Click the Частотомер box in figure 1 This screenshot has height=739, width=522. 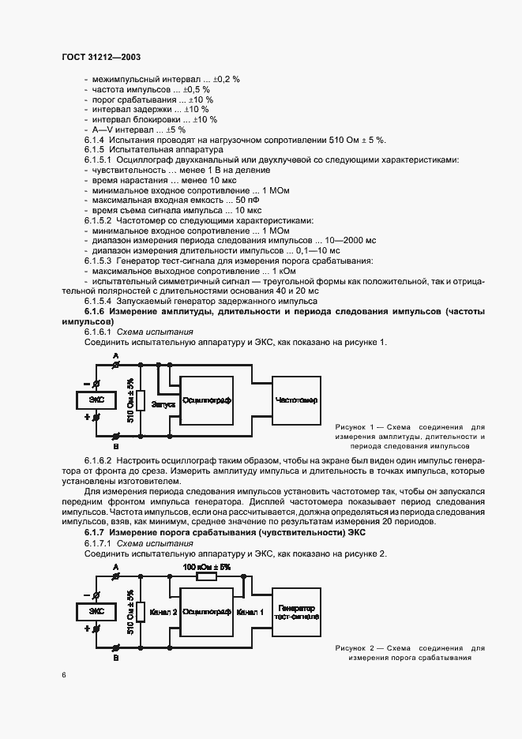point(296,400)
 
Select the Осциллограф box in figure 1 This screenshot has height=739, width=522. point(206,400)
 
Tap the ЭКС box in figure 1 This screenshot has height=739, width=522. point(96,400)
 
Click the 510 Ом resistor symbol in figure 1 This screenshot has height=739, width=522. point(139,400)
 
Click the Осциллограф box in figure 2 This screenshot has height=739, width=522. point(206,612)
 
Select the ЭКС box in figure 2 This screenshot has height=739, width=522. point(96,611)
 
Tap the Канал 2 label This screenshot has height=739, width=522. point(163,612)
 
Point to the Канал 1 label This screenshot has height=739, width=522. point(250,612)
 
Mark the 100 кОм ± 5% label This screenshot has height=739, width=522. point(206,567)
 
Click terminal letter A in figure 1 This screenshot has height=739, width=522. point(115,357)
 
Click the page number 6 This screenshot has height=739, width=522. point(63,674)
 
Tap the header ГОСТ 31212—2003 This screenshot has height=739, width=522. point(100,57)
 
